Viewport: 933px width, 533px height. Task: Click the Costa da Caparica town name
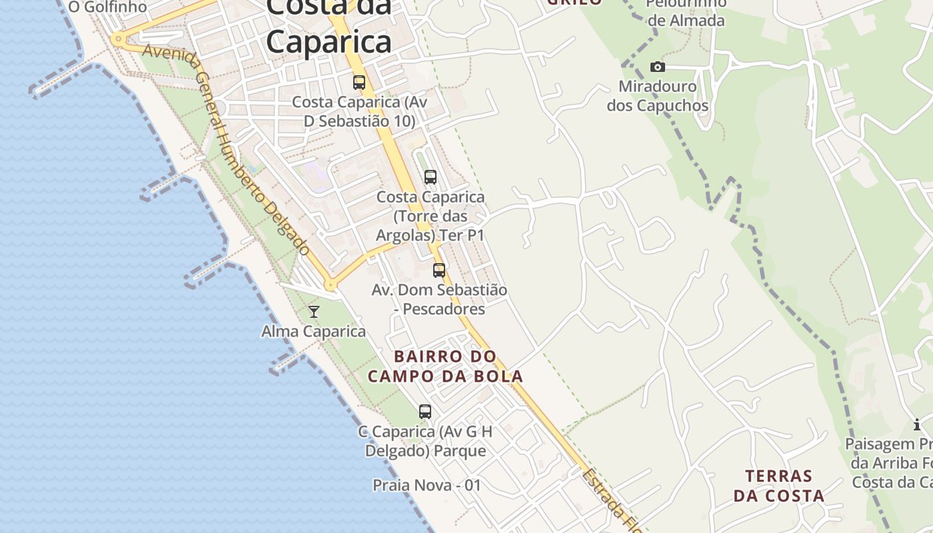(329, 27)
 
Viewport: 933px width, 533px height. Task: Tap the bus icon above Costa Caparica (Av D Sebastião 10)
(359, 83)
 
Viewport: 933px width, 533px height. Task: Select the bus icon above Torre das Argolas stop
(431, 177)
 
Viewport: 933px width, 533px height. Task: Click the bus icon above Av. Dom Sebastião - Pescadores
(439, 270)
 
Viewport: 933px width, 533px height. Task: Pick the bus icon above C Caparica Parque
(425, 412)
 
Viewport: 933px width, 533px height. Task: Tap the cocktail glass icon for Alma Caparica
(314, 311)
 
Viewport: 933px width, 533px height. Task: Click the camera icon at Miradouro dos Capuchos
(658, 67)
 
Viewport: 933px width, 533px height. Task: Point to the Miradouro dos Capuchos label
(657, 96)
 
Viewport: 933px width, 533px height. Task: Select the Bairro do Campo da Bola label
(445, 366)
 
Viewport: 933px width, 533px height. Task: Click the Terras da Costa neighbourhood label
(779, 486)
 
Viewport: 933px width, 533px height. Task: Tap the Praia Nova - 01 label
(427, 485)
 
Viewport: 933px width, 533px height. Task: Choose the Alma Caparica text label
(313, 331)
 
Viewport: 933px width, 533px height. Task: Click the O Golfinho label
(107, 7)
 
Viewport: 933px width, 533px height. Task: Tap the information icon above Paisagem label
(917, 424)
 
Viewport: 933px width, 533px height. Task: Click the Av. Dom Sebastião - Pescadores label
(439, 299)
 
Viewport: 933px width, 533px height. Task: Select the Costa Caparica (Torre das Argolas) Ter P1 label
(431, 217)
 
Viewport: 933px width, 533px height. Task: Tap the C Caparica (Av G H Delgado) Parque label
(425, 441)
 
